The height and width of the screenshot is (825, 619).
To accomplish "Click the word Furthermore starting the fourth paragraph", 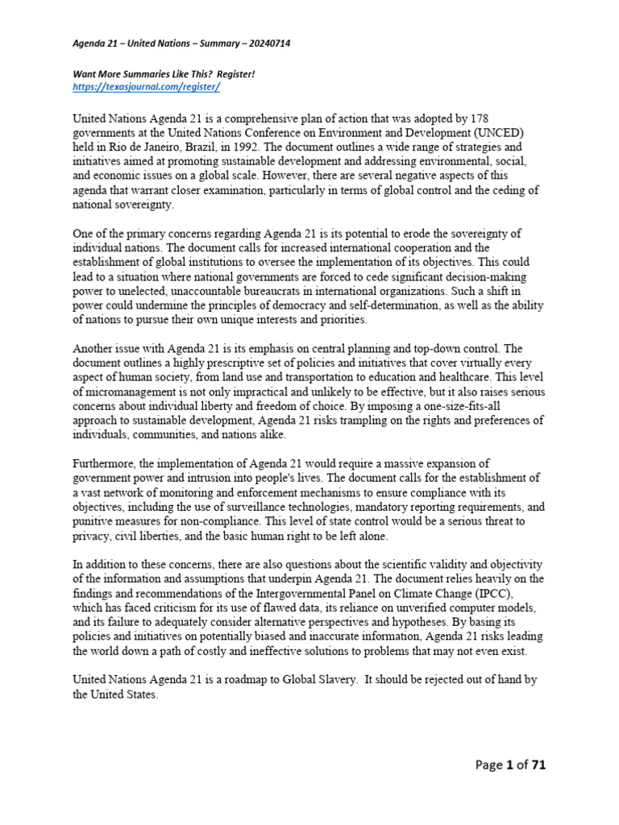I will tap(106, 463).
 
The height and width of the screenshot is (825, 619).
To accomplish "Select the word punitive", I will tap(91, 521).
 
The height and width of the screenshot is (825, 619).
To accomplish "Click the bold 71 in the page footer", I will tap(537, 765).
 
